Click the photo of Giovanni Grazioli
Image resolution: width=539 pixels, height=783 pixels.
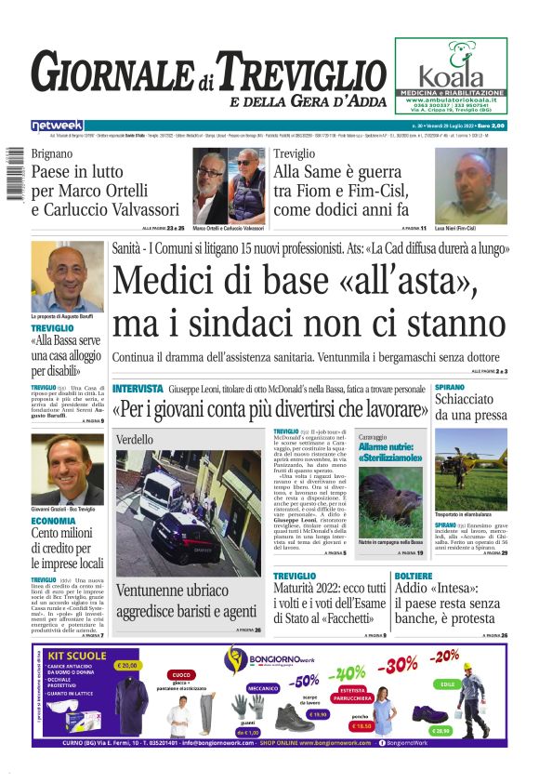coord(67,469)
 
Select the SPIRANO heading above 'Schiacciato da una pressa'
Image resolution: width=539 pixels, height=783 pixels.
coord(450,387)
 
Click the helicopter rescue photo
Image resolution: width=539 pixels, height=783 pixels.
coord(470,470)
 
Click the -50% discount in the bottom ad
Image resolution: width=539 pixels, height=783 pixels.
coord(305,680)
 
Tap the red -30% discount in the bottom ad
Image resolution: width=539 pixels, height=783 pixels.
coord(397,665)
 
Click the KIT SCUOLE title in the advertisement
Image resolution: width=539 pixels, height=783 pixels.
coord(75,656)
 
